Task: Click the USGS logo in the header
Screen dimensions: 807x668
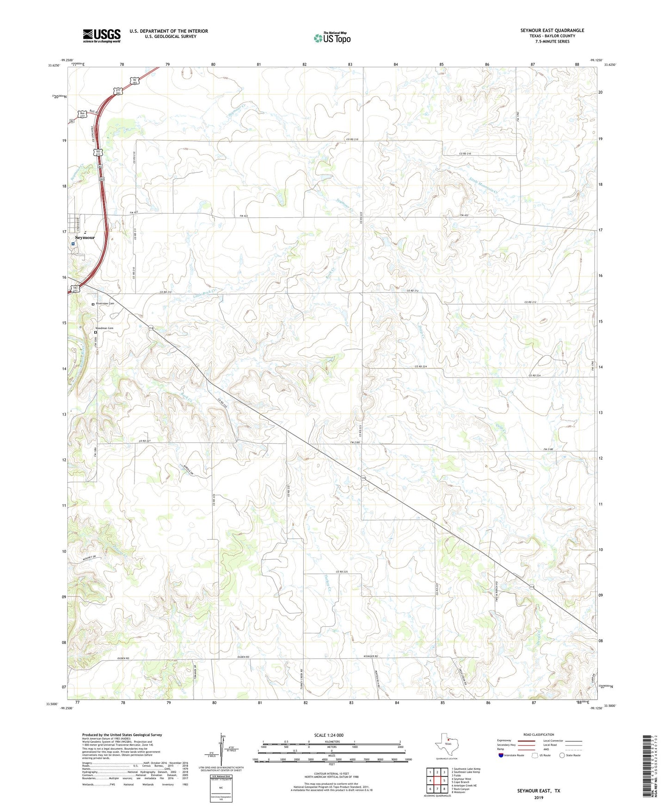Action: click(x=102, y=36)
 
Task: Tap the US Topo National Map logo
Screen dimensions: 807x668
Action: click(x=332, y=37)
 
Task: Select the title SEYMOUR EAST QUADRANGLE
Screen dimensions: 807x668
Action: click(x=552, y=31)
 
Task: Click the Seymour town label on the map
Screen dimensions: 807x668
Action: click(x=85, y=238)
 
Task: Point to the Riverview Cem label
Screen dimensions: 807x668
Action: click(x=104, y=304)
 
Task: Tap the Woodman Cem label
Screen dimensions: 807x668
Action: click(x=104, y=328)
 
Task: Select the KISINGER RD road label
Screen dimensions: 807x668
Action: click(x=370, y=657)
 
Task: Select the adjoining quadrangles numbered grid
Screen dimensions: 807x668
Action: click(x=437, y=780)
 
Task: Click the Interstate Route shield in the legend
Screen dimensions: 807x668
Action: click(x=502, y=755)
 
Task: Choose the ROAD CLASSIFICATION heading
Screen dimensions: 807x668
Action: click(x=539, y=734)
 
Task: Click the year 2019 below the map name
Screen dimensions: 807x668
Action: click(x=539, y=797)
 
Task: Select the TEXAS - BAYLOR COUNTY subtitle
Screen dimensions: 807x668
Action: click(x=552, y=36)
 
